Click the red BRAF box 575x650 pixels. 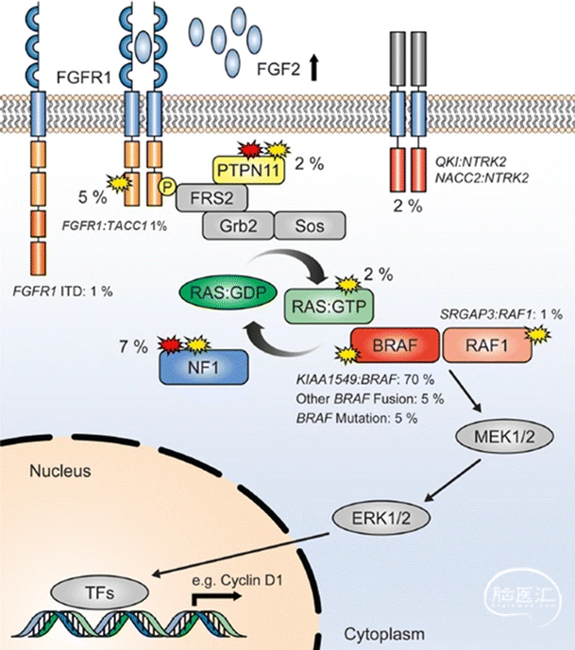click(x=395, y=347)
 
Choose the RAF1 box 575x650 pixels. click(x=486, y=347)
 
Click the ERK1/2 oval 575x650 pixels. click(x=374, y=517)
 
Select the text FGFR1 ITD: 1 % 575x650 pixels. click(x=64, y=292)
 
